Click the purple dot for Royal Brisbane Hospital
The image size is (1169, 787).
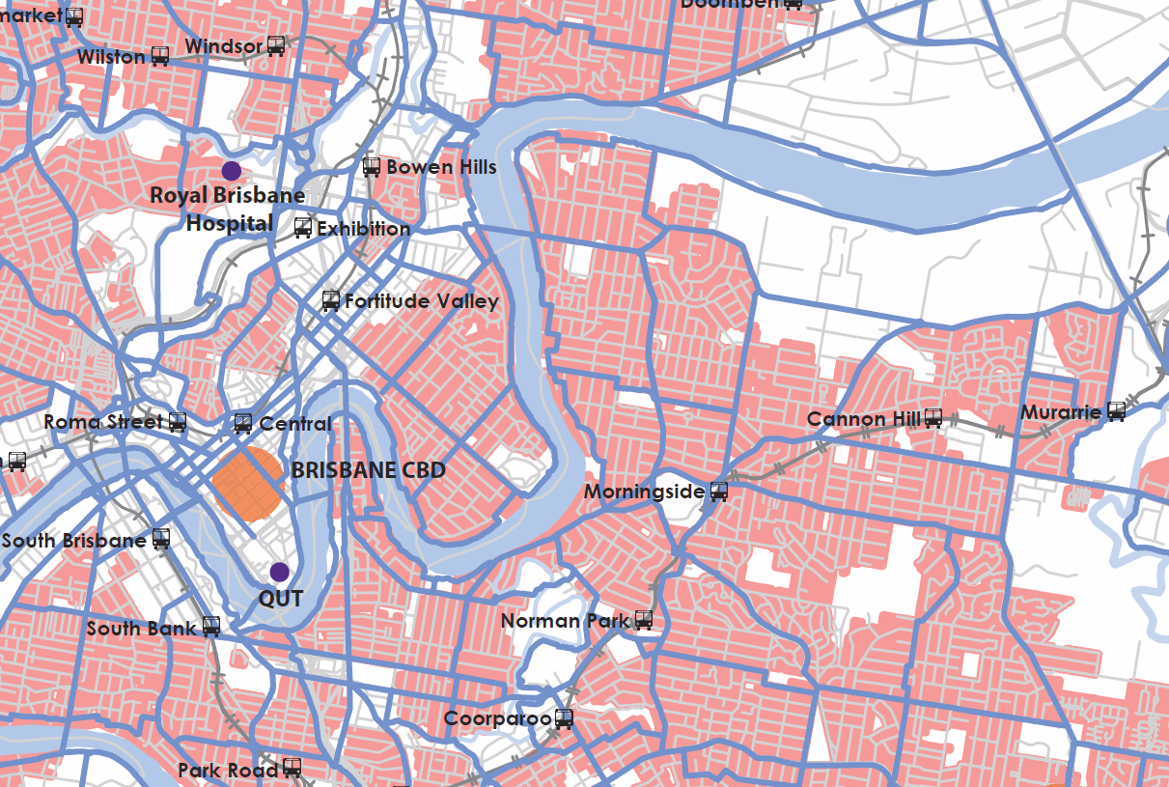[x=231, y=171]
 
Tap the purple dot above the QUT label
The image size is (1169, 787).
[x=279, y=572]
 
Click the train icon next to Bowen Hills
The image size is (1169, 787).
[x=372, y=167]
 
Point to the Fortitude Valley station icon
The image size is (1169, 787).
[x=331, y=300]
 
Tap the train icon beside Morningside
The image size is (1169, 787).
[x=718, y=492]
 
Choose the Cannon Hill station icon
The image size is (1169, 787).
[x=932, y=418]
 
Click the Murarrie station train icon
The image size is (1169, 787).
[x=1116, y=412]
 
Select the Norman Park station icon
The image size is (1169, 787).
[x=644, y=620]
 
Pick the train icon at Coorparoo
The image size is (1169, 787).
[x=564, y=718]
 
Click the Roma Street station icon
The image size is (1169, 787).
[x=177, y=422]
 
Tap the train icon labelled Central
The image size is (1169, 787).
[x=243, y=423]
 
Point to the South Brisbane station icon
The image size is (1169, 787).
[x=160, y=540]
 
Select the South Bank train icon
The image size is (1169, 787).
[x=210, y=628]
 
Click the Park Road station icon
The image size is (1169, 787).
[x=292, y=770]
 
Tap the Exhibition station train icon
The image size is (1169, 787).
[x=303, y=229]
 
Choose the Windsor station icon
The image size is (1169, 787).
[x=276, y=45]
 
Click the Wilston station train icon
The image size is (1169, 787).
[x=160, y=56]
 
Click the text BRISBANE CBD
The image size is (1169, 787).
[x=369, y=470]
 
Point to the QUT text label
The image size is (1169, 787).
[x=280, y=599]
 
